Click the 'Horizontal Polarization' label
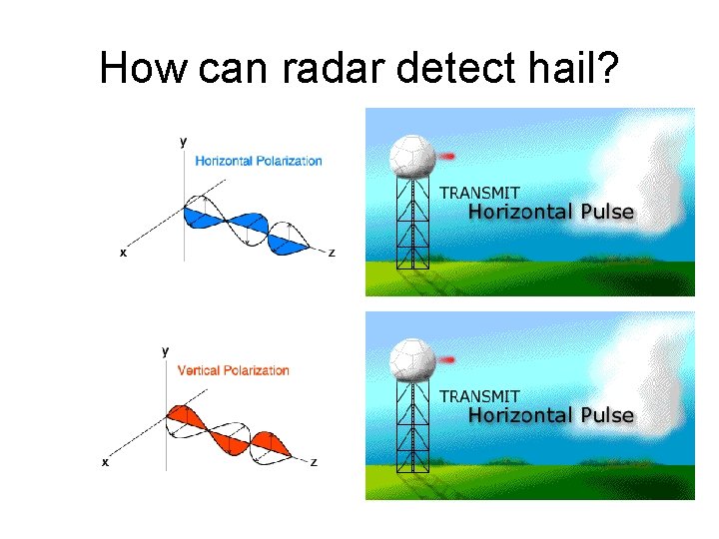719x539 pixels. (x=259, y=161)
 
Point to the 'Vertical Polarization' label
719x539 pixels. (x=233, y=370)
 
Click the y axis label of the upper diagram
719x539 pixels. (x=183, y=142)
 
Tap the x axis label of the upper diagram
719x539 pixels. (x=123, y=254)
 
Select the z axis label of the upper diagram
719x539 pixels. (x=332, y=254)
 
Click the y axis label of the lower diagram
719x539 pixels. (x=165, y=350)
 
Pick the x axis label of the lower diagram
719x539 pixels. (x=105, y=463)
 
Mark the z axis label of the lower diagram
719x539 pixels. (x=314, y=463)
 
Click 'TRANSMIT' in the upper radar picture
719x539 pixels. (x=480, y=193)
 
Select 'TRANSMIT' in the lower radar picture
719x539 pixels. (x=480, y=395)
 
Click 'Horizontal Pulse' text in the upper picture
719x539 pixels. (x=551, y=212)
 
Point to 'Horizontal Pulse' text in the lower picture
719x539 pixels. (x=551, y=415)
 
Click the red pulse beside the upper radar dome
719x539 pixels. (x=446, y=156)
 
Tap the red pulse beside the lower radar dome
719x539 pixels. (x=446, y=359)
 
